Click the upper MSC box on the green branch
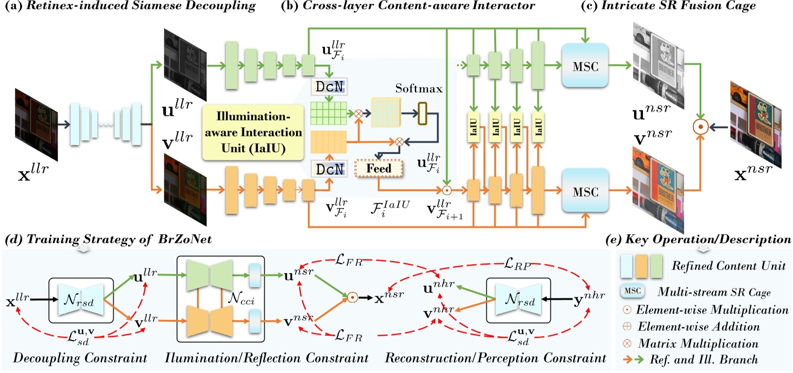pyautogui.click(x=585, y=66)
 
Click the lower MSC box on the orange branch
pyautogui.click(x=585, y=192)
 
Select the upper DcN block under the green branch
pyautogui.click(x=329, y=86)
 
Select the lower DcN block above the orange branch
pyautogui.click(x=329, y=169)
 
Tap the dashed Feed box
pyautogui.click(x=378, y=168)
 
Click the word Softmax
pyautogui.click(x=418, y=88)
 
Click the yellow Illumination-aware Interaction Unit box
pyautogui.click(x=253, y=132)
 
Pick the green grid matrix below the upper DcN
pyautogui.click(x=328, y=113)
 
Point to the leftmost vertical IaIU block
pyautogui.click(x=473, y=126)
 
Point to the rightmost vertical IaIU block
pyautogui.click(x=538, y=126)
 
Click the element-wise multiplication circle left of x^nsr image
pyautogui.click(x=700, y=127)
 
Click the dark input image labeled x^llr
pyautogui.click(x=36, y=124)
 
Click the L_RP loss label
pyautogui.click(x=517, y=265)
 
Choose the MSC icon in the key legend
pyautogui.click(x=632, y=291)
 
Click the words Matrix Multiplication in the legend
pyautogui.click(x=698, y=344)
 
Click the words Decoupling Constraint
pyautogui.click(x=79, y=359)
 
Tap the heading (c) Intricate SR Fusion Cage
pyautogui.click(x=668, y=6)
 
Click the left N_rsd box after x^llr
pyautogui.click(x=81, y=301)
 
